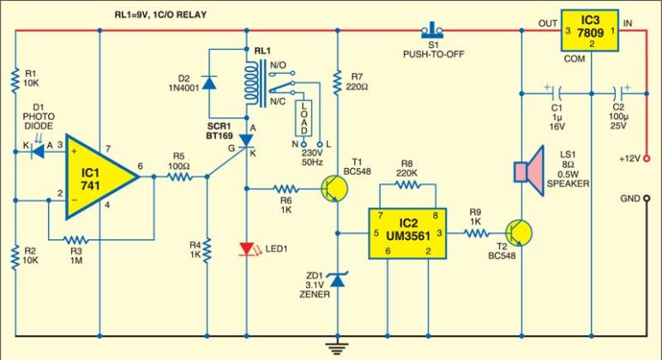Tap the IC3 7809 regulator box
pyautogui.click(x=591, y=32)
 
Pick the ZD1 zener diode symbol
pyautogui.click(x=340, y=278)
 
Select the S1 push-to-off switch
pyautogui.click(x=430, y=32)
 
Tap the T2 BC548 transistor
pyautogui.click(x=516, y=232)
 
